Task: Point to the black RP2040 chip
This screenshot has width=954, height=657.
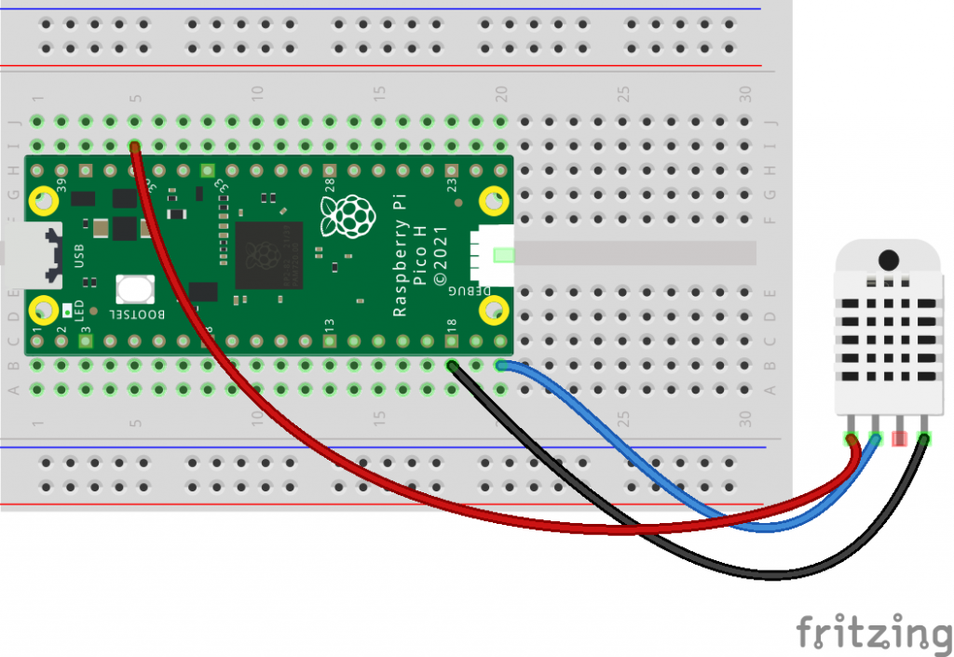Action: [268, 254]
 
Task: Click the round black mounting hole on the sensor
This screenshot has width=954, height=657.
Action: [889, 259]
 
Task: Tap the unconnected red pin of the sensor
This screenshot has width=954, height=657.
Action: [901, 438]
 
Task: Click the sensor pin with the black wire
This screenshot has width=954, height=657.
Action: [925, 438]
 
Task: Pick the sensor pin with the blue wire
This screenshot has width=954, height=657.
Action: [876, 438]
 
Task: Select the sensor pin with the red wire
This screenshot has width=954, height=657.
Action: [852, 438]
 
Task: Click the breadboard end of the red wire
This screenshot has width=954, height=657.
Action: [135, 146]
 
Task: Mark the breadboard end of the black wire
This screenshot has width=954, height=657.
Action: [453, 366]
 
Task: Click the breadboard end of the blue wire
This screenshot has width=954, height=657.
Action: [502, 366]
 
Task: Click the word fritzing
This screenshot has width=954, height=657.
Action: [871, 632]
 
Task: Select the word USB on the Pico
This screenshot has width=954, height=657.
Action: [78, 255]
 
